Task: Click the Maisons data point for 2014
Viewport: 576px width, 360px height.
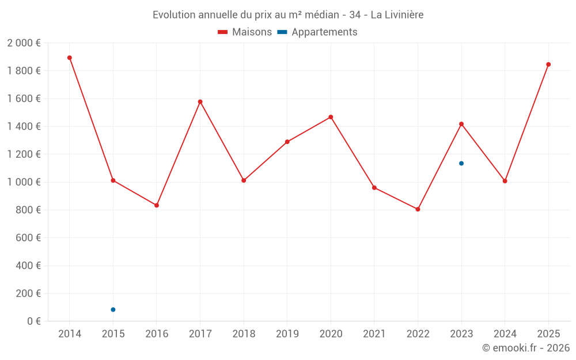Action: (70, 58)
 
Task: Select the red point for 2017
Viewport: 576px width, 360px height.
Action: (200, 102)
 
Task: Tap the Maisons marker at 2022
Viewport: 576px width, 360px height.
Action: (418, 209)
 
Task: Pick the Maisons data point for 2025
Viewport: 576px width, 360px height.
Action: (548, 65)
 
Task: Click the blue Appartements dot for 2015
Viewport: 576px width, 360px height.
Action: (113, 310)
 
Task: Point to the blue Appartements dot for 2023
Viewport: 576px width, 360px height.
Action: (461, 164)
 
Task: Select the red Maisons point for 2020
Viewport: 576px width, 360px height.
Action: (331, 117)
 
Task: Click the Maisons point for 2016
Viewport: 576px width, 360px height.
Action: (157, 205)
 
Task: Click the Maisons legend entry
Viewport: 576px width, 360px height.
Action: (245, 32)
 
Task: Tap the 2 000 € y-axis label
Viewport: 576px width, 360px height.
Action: (24, 43)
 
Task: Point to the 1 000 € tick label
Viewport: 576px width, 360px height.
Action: (24, 182)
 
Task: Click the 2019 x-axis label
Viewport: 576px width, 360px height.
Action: (287, 334)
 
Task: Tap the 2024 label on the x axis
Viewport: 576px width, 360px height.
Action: (505, 334)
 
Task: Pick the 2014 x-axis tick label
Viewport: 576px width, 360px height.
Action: (70, 334)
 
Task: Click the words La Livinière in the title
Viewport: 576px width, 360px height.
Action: (397, 15)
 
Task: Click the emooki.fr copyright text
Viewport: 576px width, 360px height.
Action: (526, 348)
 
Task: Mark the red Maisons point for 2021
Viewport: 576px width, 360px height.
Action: (374, 188)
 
